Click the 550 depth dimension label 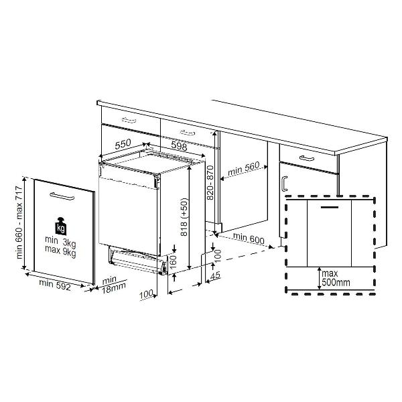pyautogui.click(x=123, y=145)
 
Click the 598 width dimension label pyautogui.click(x=179, y=146)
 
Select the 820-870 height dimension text pyautogui.click(x=210, y=182)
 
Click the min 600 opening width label pyautogui.click(x=249, y=238)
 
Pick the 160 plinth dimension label pyautogui.click(x=174, y=262)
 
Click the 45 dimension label pyautogui.click(x=215, y=275)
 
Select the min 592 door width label pyautogui.click(x=55, y=285)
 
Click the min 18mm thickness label pyautogui.click(x=113, y=285)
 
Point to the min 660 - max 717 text pyautogui.click(x=19, y=222)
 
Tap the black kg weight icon pyautogui.click(x=61, y=226)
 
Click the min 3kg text pyautogui.click(x=60, y=243)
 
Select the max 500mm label pyautogui.click(x=336, y=278)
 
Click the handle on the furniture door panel pyautogui.click(x=62, y=196)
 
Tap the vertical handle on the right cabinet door pyautogui.click(x=284, y=184)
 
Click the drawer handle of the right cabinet pyautogui.click(x=307, y=158)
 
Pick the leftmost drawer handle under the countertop pyautogui.click(x=130, y=120)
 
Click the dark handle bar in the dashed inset pyautogui.click(x=330, y=206)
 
